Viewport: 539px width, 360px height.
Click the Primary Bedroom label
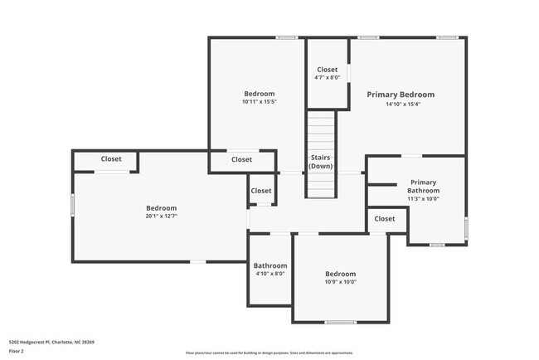[401, 95]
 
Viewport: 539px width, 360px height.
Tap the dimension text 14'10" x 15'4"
[401, 105]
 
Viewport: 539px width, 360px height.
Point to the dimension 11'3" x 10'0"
[423, 199]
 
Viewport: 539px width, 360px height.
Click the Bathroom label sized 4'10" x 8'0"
[269, 265]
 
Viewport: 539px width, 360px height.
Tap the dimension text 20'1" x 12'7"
[162, 216]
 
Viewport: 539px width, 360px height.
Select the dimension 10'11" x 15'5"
[259, 102]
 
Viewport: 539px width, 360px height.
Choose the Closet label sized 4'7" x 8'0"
[327, 70]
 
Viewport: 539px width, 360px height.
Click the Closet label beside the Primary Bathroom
[385, 219]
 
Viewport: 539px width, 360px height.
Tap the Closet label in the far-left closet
[111, 159]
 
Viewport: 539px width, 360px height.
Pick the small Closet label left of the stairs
[261, 191]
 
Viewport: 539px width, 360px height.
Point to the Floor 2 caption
[17, 351]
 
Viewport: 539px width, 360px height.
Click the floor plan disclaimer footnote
[269, 353]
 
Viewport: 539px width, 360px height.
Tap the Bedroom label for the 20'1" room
[162, 208]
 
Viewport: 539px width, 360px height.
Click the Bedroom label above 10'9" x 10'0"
[340, 274]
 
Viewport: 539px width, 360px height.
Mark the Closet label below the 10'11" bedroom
[241, 159]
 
